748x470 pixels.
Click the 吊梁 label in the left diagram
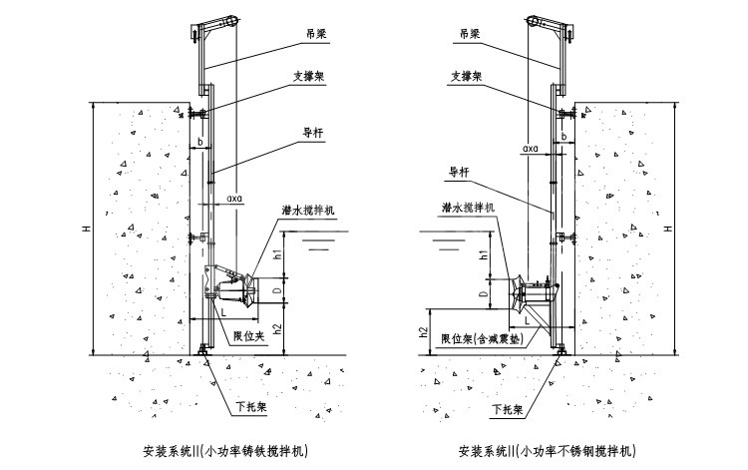pos(317,34)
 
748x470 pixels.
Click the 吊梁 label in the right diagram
pos(470,34)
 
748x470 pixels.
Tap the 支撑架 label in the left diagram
pos(308,77)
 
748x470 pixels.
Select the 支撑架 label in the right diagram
pos(467,77)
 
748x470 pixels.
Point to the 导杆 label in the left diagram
pos(313,133)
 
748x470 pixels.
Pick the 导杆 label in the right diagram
pos(459,173)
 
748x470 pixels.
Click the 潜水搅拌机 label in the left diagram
pos(308,211)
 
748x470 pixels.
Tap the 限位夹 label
pos(248,336)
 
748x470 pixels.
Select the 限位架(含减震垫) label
pos(483,339)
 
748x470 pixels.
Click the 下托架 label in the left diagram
pos(251,407)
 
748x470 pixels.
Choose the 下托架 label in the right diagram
pos(508,409)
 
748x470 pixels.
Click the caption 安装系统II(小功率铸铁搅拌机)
pos(225,451)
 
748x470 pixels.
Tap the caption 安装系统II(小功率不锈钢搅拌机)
pos(548,451)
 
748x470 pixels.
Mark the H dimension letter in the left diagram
pos(87,229)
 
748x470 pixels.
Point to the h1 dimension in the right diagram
pos(484,254)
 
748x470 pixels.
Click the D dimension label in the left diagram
pos(280,289)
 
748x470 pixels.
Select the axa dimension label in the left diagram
pos(234,198)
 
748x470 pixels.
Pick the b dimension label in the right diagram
pos(563,137)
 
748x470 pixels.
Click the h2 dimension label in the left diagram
pos(278,329)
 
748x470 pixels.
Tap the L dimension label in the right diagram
pos(528,321)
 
